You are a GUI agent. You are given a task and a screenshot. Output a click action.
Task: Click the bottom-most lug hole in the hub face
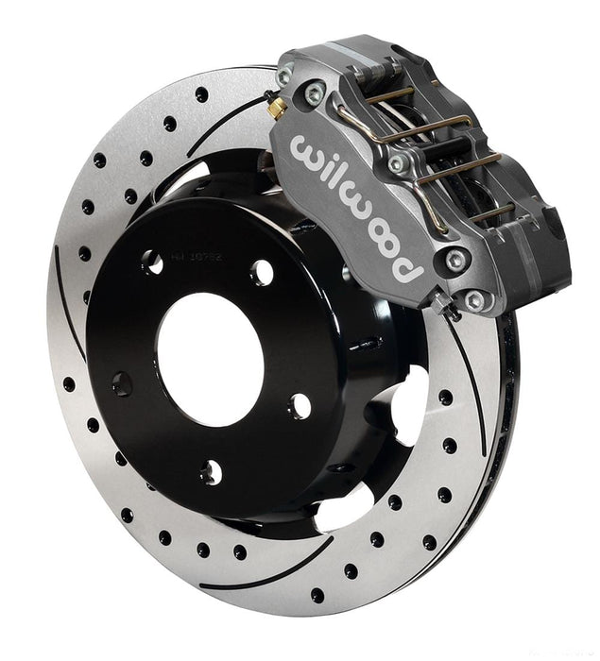[x=213, y=471]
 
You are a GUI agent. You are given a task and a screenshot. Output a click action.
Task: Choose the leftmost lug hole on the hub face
[x=122, y=382]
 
